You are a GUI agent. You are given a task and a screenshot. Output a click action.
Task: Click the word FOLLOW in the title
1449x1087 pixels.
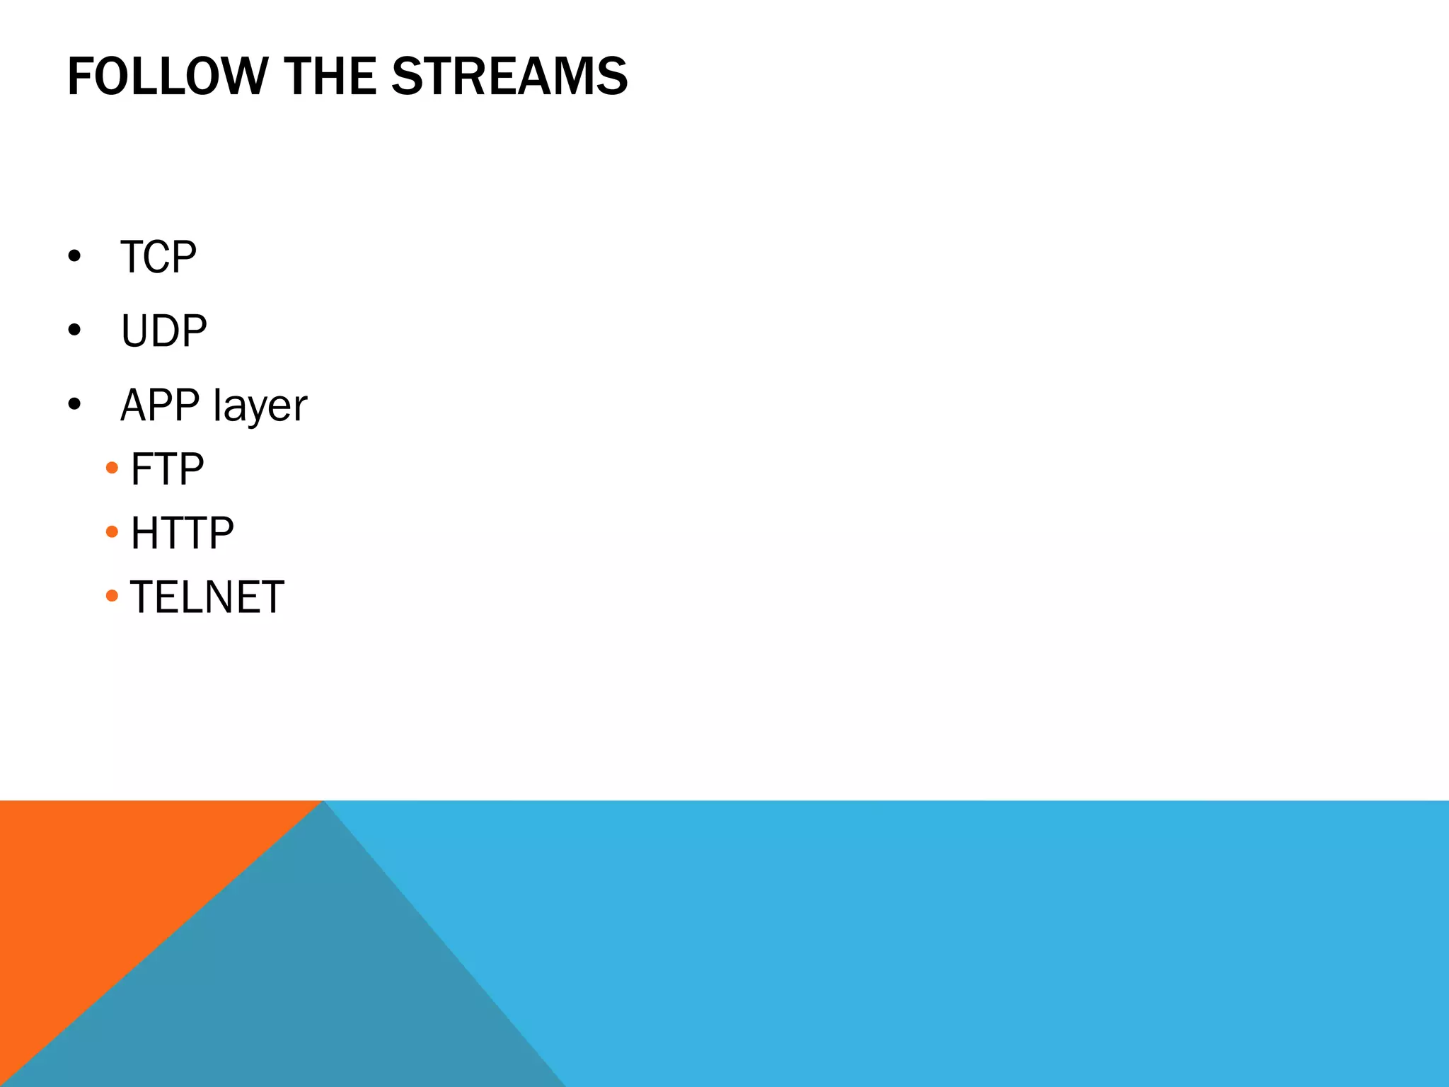167,76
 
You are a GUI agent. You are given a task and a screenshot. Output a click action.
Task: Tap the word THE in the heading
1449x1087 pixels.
330,76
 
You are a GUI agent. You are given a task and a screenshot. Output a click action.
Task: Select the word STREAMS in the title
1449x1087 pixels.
509,76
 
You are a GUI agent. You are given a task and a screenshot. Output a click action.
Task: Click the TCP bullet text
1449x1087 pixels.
158,257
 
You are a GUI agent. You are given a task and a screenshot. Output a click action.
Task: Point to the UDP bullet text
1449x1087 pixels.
164,330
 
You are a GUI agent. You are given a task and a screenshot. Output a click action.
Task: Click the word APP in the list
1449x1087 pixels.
160,405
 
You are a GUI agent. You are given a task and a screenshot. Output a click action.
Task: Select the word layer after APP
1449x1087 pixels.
260,406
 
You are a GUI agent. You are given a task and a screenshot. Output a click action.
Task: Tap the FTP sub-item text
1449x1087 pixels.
168,469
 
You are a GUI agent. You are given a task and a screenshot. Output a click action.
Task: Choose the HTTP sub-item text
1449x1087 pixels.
183,533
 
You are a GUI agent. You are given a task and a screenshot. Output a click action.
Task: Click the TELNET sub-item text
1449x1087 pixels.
207,597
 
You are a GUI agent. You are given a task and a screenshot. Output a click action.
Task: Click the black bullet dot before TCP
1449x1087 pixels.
74,255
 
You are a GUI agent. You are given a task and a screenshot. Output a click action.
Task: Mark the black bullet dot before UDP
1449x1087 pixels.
74,330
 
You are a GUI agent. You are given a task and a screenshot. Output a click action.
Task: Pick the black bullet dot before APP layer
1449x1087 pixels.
74,404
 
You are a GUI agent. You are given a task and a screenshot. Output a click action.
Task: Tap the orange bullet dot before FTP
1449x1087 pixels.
112,468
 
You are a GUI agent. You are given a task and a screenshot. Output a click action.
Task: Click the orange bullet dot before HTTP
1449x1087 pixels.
112,531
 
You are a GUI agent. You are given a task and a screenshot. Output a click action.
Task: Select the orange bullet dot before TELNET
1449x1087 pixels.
112,596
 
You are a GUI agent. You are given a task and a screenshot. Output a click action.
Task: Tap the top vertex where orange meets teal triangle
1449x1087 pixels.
323,802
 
